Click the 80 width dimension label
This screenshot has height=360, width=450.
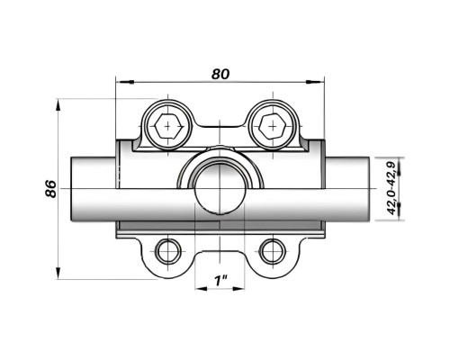tap(220, 74)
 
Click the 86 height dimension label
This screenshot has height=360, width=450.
tap(51, 189)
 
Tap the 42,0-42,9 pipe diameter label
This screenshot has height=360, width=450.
tap(391, 188)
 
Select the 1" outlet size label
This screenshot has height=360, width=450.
tap(220, 281)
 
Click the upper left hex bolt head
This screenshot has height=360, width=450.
tap(168, 126)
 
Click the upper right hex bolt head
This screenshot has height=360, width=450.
tap(273, 126)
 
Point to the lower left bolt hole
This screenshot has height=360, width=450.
tap(168, 251)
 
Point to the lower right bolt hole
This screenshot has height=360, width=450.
tap(273, 251)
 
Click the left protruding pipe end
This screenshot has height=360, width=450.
tap(94, 189)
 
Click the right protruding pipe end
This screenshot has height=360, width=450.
tap(347, 189)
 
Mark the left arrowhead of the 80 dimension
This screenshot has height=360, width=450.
tap(125, 82)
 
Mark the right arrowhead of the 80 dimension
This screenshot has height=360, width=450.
tap(315, 82)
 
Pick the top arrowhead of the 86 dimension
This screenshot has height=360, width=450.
tap(58, 107)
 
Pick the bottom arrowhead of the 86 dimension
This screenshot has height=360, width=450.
tap(58, 272)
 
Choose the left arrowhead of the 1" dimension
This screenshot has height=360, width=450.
tap(202, 289)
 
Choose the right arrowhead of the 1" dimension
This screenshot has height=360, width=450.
tap(238, 289)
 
